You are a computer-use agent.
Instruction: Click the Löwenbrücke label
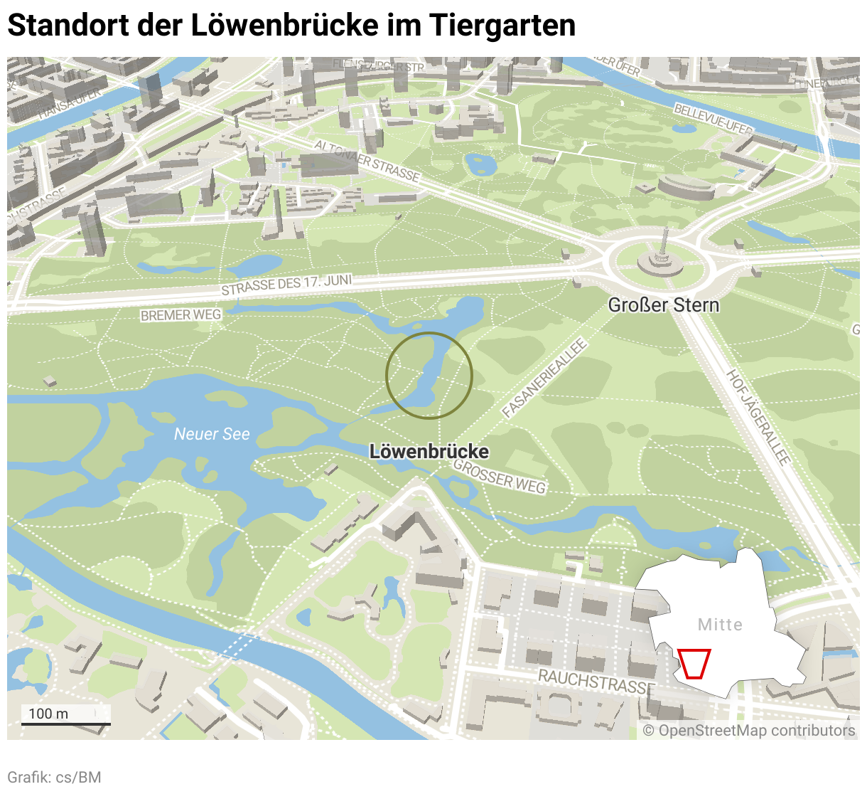[429, 452]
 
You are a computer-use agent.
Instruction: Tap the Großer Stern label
[663, 305]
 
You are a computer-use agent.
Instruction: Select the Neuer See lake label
[212, 434]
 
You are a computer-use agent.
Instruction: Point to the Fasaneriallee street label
[544, 379]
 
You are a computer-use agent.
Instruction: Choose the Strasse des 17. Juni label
[286, 285]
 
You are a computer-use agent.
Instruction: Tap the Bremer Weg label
[181, 314]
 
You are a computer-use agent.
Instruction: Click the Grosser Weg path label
[500, 477]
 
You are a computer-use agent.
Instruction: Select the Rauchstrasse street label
[596, 681]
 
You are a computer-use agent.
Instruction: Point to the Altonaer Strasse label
[367, 160]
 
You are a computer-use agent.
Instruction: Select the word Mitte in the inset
[720, 625]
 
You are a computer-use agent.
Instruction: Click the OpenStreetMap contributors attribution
[749, 731]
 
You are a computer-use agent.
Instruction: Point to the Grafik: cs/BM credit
[54, 777]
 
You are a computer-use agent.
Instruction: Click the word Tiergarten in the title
[502, 26]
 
